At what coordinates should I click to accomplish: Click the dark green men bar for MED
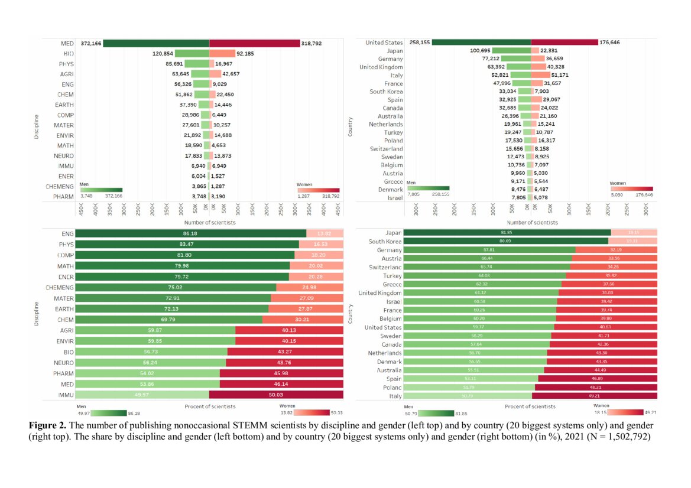tap(156, 43)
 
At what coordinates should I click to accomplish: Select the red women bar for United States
tap(564, 42)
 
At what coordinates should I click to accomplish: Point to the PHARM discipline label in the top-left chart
tap(66, 196)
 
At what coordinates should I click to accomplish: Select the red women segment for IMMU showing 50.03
tap(276, 394)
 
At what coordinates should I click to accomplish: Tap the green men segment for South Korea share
tap(506, 241)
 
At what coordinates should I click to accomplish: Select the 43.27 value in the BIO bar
tap(286, 351)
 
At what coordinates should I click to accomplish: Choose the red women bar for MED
tap(254, 43)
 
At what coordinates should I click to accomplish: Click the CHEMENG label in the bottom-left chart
tap(60, 288)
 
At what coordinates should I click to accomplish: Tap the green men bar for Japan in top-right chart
tap(511, 51)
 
